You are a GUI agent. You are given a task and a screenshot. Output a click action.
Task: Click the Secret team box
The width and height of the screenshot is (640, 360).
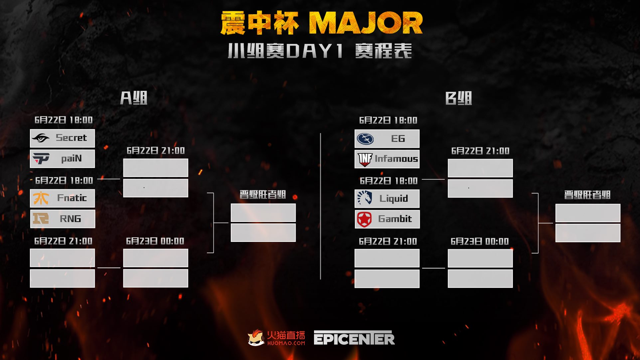(x=62, y=138)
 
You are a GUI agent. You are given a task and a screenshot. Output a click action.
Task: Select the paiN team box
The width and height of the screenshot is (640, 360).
(x=62, y=159)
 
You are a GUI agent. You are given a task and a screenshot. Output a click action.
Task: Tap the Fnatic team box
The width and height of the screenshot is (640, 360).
(x=62, y=198)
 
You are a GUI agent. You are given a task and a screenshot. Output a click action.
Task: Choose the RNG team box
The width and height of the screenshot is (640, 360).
(x=62, y=219)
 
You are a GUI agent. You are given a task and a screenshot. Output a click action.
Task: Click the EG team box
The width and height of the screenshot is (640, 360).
(x=387, y=139)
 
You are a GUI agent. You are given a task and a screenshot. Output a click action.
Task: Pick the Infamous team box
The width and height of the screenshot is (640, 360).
(x=387, y=159)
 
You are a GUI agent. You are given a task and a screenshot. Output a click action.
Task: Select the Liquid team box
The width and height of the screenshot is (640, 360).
(x=387, y=199)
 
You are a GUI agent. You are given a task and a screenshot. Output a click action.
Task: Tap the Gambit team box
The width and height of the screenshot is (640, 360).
(x=387, y=219)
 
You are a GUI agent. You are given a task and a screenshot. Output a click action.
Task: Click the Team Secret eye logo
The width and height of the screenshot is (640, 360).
(x=41, y=138)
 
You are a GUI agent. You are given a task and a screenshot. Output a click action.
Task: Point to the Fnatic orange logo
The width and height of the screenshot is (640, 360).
(x=41, y=198)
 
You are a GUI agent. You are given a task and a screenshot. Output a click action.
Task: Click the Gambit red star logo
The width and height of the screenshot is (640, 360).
(x=364, y=219)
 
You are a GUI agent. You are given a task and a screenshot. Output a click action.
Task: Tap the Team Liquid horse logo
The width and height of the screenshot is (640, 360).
(x=364, y=198)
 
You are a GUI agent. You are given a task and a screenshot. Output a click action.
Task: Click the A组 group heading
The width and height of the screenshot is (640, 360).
(x=134, y=98)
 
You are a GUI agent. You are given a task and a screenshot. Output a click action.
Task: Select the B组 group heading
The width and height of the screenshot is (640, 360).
(x=458, y=98)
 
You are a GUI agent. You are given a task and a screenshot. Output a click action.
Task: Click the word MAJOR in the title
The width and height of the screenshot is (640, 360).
(x=366, y=23)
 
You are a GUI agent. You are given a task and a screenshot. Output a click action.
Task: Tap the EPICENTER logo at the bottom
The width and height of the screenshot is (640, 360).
(x=354, y=338)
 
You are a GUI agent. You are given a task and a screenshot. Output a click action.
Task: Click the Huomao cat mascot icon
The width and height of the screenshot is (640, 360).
(x=256, y=338)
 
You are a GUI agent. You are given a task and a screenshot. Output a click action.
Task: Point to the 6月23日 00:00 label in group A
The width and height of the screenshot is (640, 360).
(x=155, y=241)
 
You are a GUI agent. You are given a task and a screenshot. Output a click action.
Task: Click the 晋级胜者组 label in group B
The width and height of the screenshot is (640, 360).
(x=587, y=195)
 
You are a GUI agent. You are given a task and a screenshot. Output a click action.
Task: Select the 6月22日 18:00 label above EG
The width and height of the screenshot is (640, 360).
(x=388, y=120)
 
